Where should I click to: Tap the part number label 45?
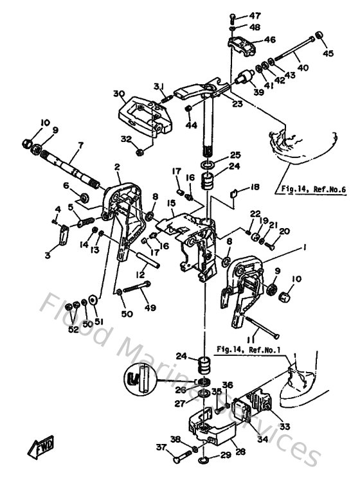click(x=328, y=54)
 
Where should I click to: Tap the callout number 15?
click(x=170, y=204)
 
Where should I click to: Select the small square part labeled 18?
click(x=234, y=191)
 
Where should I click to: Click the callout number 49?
click(x=150, y=307)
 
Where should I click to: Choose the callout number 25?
click(x=217, y=155)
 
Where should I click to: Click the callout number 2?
click(x=118, y=168)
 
